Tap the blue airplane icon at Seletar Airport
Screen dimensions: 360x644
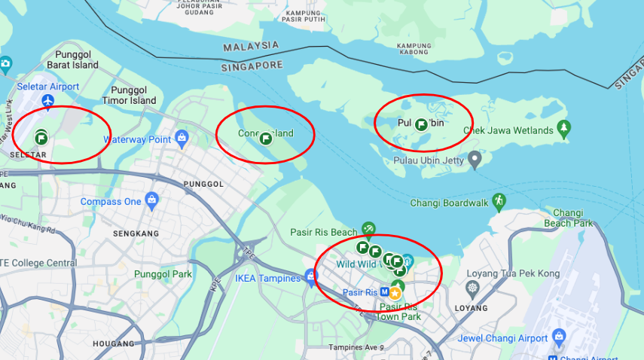tap(49, 100)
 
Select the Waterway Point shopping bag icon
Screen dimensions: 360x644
tap(182, 138)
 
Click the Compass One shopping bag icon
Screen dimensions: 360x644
tap(152, 200)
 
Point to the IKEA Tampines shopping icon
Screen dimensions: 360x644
tap(310, 276)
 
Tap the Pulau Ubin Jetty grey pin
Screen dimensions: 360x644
tap(475, 159)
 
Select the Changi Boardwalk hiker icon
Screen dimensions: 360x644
tap(498, 201)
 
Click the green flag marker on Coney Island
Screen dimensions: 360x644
tap(265, 139)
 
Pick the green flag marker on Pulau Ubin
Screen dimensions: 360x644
tap(421, 125)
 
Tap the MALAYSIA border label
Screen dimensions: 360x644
tap(251, 47)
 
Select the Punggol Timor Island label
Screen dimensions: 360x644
tap(129, 95)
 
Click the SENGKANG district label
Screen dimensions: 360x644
tap(136, 233)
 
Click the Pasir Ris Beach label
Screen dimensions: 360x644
tap(324, 232)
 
